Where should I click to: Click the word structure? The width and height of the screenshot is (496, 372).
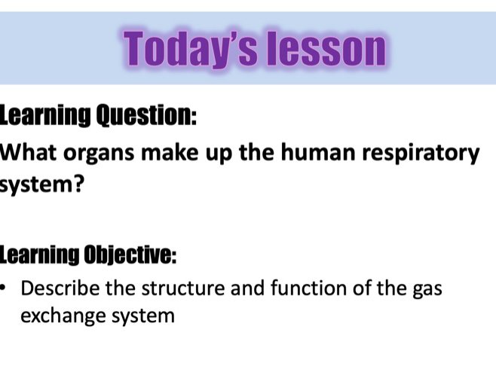click(x=173, y=288)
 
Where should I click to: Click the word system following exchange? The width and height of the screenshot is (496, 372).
click(x=139, y=316)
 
